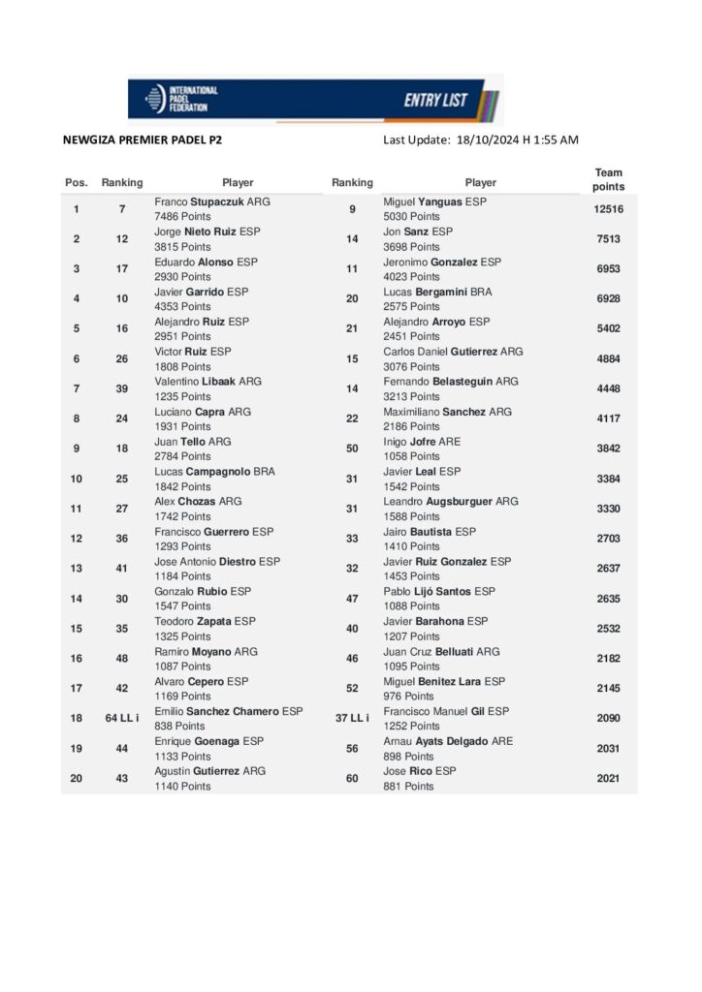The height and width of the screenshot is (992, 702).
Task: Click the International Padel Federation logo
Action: coord(181,98)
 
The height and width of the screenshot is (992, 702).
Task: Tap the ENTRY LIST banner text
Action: coord(435,100)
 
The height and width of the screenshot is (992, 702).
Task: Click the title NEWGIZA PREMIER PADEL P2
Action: coord(142,139)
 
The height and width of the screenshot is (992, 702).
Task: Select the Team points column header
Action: coord(608,179)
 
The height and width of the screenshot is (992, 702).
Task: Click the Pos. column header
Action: coord(76,182)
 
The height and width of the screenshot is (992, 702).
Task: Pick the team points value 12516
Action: coord(608,209)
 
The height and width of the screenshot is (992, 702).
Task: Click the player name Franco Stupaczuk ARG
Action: coord(212,201)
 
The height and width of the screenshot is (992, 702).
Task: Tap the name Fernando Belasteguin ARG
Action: coord(450,382)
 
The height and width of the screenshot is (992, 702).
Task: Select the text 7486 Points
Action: coord(183,216)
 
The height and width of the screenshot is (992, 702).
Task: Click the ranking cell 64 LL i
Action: coord(122,718)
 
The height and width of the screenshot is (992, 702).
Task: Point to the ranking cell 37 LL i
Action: coord(352,718)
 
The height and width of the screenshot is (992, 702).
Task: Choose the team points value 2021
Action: coord(608,778)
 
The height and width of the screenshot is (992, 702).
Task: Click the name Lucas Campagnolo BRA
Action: coord(214,472)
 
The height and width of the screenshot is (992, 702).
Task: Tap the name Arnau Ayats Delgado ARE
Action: coord(448,741)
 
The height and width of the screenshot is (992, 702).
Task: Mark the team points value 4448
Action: coord(608,388)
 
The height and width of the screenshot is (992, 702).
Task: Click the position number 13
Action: coord(76,569)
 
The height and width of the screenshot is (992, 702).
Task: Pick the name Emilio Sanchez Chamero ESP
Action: coord(228,711)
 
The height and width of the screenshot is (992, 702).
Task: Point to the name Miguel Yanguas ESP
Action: coord(434,201)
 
